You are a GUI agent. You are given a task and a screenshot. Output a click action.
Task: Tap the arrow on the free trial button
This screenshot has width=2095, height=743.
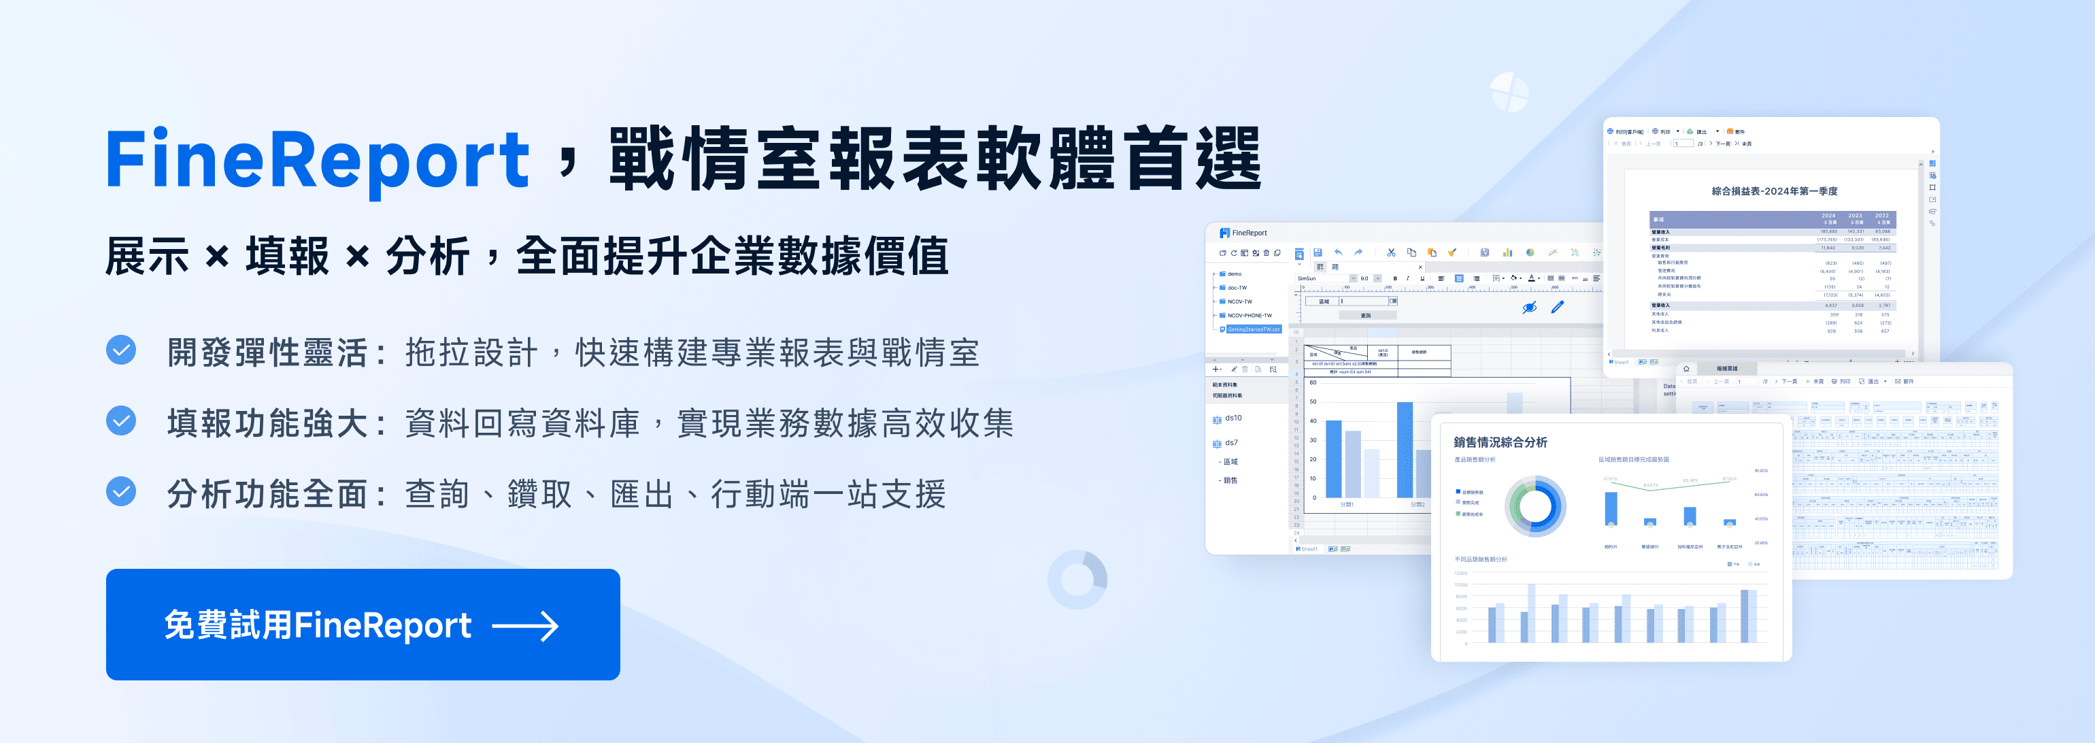(525, 626)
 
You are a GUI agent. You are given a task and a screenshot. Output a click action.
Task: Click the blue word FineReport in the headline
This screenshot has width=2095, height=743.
(317, 159)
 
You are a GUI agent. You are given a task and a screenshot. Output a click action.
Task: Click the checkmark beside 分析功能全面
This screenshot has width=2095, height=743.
(121, 491)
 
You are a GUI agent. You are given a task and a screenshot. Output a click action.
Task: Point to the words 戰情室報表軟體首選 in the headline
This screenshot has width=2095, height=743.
(935, 159)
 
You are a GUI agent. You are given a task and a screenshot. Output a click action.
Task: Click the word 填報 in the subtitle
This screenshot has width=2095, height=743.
(287, 257)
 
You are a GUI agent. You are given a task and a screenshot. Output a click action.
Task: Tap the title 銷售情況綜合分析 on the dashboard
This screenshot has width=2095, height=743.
(1500, 442)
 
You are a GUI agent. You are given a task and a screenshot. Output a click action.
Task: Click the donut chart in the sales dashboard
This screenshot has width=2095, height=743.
(1535, 506)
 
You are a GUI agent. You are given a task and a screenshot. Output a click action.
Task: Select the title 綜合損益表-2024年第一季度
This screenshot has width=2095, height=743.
(1774, 191)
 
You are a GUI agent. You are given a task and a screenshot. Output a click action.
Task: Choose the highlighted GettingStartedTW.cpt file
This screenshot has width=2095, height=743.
(1253, 329)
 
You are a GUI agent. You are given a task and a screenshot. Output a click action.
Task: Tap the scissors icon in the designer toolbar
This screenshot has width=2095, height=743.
(1391, 252)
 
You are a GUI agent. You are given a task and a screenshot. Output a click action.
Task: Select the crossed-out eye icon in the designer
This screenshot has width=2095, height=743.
(1529, 308)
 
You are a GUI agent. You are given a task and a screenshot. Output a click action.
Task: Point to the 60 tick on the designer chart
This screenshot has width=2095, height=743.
(1313, 382)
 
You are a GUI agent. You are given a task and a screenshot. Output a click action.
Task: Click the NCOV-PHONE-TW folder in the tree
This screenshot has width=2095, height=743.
(1250, 316)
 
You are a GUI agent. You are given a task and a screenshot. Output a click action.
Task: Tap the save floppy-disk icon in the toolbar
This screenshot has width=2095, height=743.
(1318, 252)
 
